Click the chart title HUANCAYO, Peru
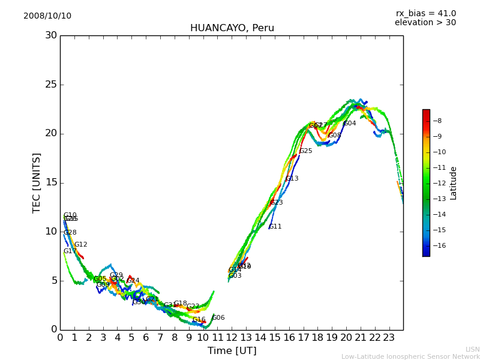pyautogui.click(x=232, y=28)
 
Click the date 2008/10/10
pyautogui.click(x=47, y=16)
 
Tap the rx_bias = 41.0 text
pyautogui.click(x=425, y=14)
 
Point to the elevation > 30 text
pyautogui.click(x=425, y=23)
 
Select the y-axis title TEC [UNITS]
pyautogui.click(x=37, y=182)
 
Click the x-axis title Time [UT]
pyautogui.click(x=232, y=351)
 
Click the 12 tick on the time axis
pyautogui.click(x=232, y=338)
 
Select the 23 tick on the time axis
pyautogui.click(x=389, y=338)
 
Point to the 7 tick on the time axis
pyautogui.click(x=160, y=338)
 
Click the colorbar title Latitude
pyautogui.click(x=454, y=183)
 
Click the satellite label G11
pyautogui.click(x=275, y=227)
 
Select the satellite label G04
pyautogui.click(x=350, y=124)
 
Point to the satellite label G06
pyautogui.click(x=218, y=318)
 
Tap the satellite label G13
pyautogui.click(x=292, y=179)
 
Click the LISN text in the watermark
pyautogui.click(x=472, y=349)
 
